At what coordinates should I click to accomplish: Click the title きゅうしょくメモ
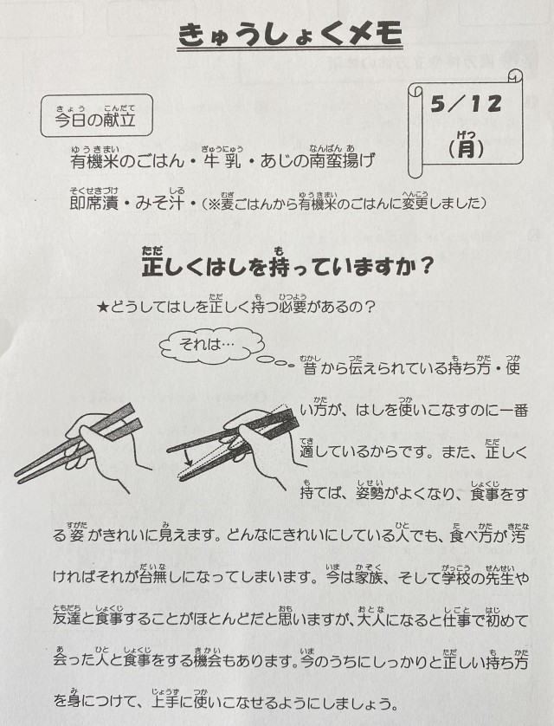[290, 36]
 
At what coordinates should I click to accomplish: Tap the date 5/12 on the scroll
[466, 104]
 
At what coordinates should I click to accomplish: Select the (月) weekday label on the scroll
[466, 148]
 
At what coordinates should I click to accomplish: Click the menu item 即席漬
[93, 203]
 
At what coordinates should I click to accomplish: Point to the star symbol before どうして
[103, 307]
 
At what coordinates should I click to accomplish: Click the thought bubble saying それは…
[212, 344]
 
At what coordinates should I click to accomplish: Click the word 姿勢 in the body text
[370, 494]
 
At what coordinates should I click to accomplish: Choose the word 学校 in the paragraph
[456, 577]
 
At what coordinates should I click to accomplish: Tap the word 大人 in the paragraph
[370, 619]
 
